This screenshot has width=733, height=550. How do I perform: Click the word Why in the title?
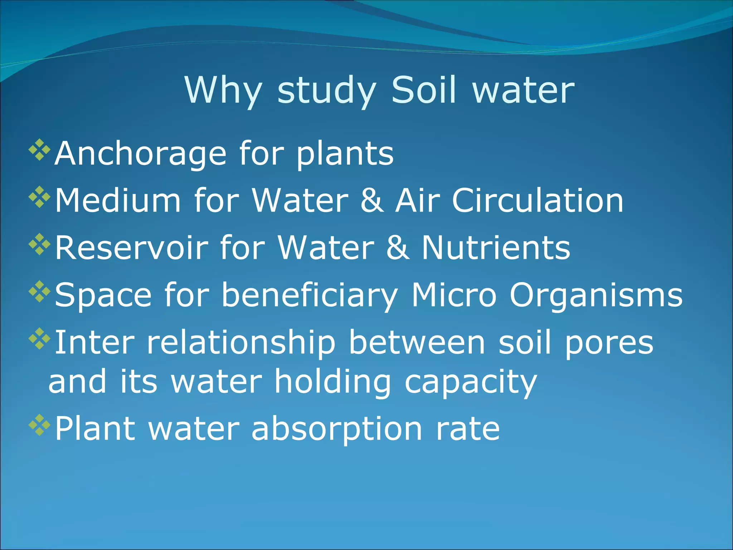coord(223,90)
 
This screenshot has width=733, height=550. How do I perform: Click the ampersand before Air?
coord(372,201)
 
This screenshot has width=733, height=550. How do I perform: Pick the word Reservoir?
coord(131,248)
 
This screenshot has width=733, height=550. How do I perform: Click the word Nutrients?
coord(496,248)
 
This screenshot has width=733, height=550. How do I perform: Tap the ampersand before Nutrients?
coord(398,248)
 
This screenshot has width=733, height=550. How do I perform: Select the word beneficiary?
coord(310,295)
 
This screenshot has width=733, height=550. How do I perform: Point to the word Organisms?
coord(596,295)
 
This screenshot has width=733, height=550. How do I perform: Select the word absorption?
coord(337,429)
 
